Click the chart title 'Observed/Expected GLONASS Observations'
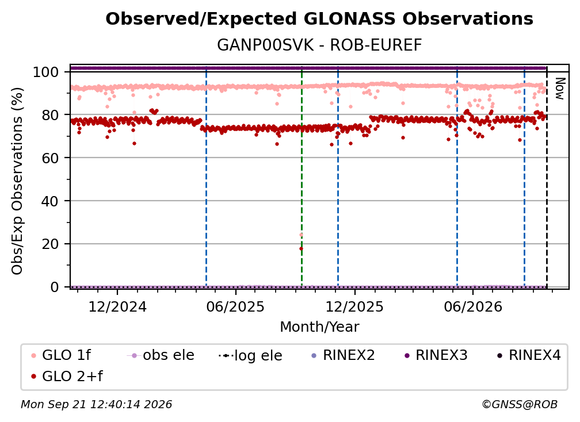[x=319, y=19]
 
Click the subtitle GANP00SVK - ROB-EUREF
[x=319, y=45]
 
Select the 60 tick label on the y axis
[x=50, y=158]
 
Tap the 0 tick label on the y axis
[x=54, y=287]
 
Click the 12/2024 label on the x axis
[x=117, y=307]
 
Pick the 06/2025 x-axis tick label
[x=236, y=307]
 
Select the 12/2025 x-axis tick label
[x=354, y=307]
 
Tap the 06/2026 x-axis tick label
[x=473, y=307]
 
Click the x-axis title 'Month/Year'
[x=319, y=327]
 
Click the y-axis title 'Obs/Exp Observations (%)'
[x=17, y=181]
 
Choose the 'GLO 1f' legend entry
[x=61, y=355]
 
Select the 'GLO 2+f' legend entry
[x=67, y=377]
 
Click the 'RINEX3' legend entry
[x=436, y=355]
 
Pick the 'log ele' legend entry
[x=250, y=355]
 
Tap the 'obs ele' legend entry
[x=161, y=355]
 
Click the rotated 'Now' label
[x=560, y=89]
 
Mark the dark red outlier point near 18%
[x=301, y=249]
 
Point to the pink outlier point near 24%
[x=301, y=235]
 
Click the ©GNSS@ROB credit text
[x=520, y=405]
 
